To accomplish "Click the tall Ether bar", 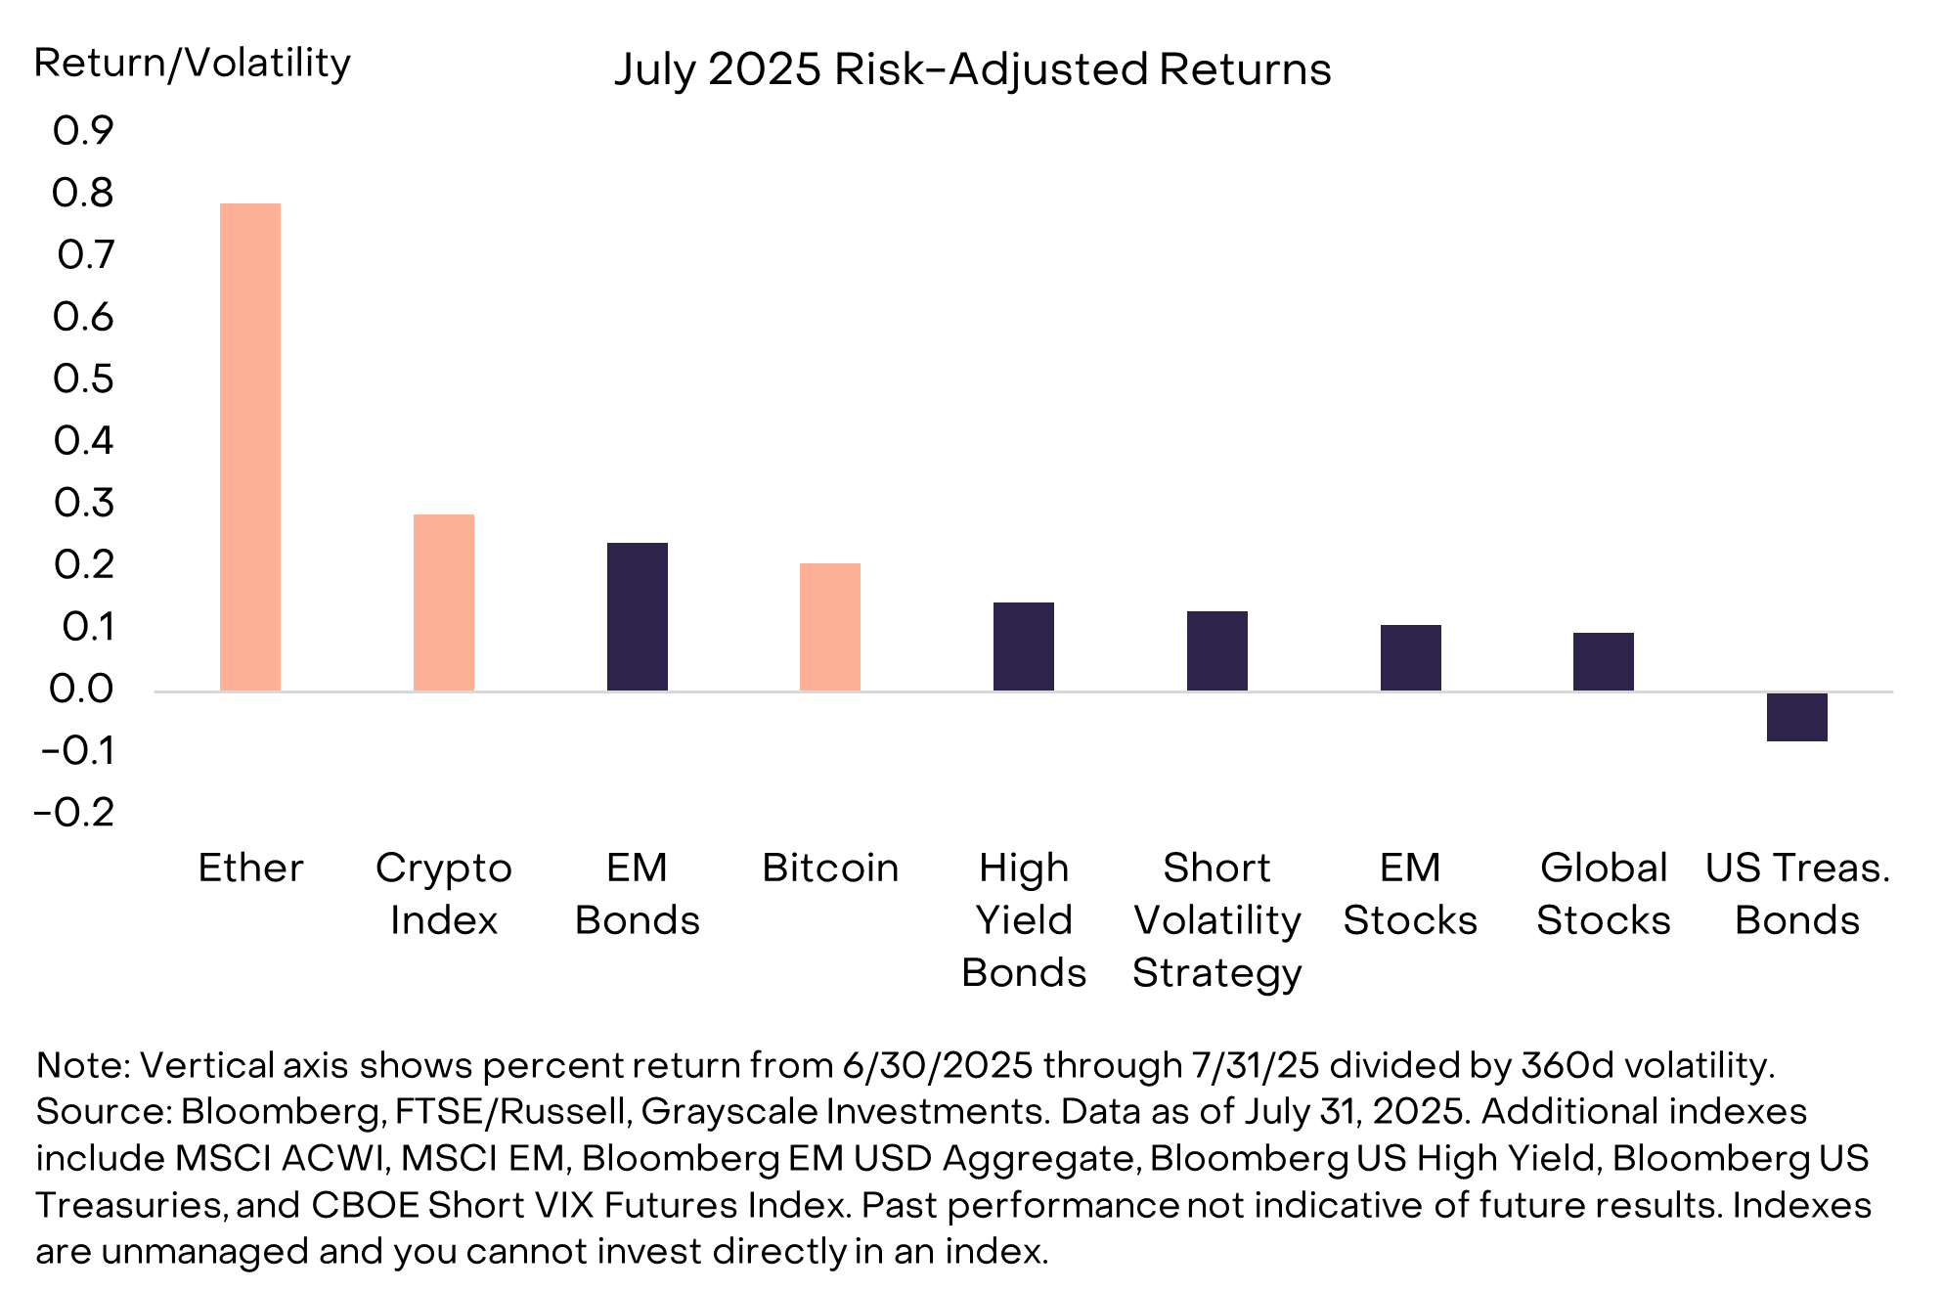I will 250,447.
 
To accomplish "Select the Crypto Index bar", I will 444,602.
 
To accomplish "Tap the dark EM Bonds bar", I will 638,617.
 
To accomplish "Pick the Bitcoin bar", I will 830,627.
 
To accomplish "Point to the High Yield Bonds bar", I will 1024,646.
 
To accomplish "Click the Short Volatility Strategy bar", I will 1217,651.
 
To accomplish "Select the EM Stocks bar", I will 1410,657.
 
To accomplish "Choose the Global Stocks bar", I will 1604,662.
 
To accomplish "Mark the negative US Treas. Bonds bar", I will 1797,717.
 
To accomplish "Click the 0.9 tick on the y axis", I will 83,131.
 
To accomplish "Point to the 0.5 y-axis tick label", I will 83,379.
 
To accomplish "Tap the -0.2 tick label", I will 74,813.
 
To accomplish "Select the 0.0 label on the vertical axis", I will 82,690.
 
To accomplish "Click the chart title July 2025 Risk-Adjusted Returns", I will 972,69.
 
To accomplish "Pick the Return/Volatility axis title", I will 193,64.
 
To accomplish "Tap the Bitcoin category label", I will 830,869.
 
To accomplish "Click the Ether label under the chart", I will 250,869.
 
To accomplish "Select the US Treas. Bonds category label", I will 1797,894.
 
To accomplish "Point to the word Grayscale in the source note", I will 729,1112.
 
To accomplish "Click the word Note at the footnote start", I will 79,1065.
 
